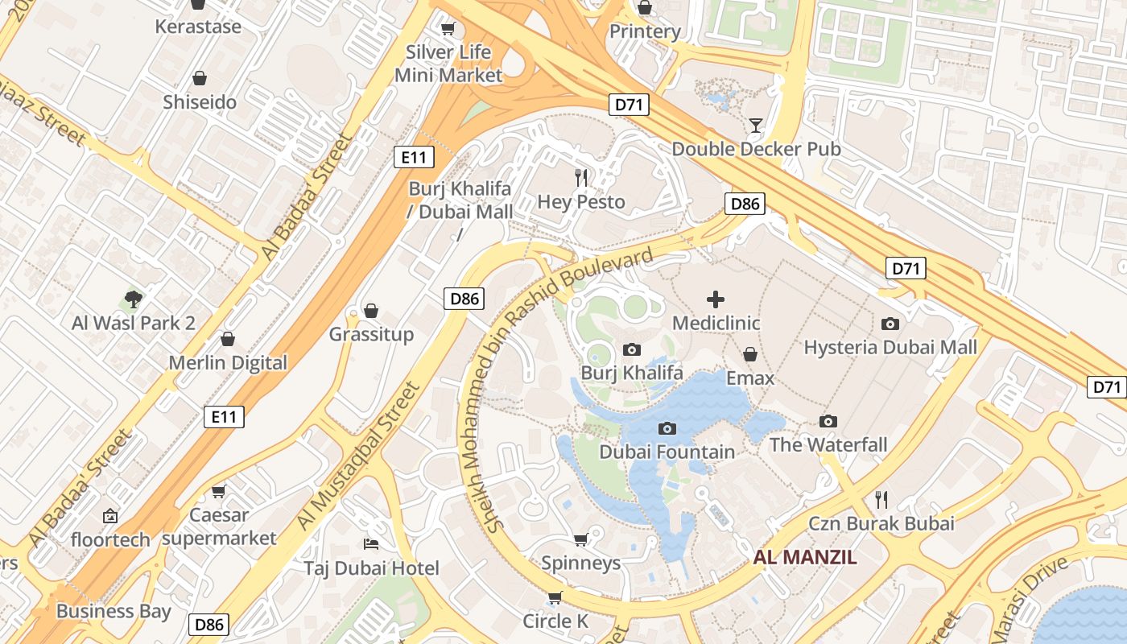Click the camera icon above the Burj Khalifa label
632,349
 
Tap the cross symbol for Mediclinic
715,299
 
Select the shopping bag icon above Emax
750,354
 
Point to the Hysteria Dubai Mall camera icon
890,324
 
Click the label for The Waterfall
828,444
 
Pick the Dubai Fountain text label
667,452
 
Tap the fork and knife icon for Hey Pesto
581,178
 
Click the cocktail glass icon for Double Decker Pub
755,125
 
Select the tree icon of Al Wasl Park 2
134,299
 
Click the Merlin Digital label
228,363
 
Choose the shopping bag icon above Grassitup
371,311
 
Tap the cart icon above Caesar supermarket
218,491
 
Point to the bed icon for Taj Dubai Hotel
371,544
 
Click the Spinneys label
580,563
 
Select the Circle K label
555,621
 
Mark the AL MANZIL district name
805,557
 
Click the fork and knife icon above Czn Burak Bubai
881,500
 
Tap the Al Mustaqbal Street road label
358,456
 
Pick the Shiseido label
200,102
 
